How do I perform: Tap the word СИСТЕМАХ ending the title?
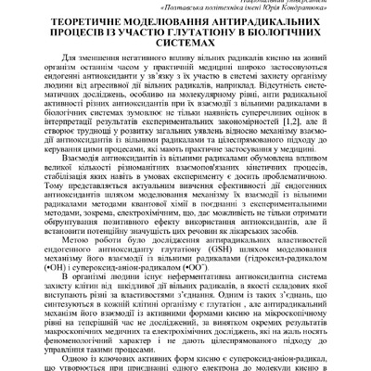click(185, 57)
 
